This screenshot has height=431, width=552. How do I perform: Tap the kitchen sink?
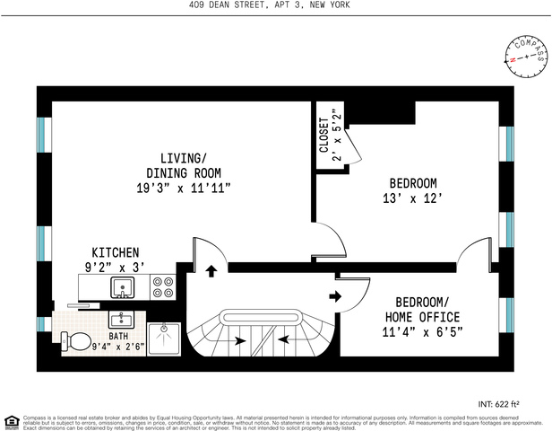(122, 288)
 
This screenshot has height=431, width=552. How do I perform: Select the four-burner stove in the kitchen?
(163, 287)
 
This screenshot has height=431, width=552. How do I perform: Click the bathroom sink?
(120, 320)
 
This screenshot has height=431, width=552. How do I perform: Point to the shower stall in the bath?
(165, 338)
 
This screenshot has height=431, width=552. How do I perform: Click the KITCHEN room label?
(115, 252)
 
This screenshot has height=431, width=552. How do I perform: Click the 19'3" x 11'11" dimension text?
(184, 189)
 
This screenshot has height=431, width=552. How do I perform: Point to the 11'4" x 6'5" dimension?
(422, 334)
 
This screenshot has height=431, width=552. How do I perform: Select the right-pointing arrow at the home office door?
(336, 296)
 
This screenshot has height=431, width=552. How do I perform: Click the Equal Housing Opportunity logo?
(12, 421)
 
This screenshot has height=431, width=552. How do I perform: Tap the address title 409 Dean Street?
(270, 5)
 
